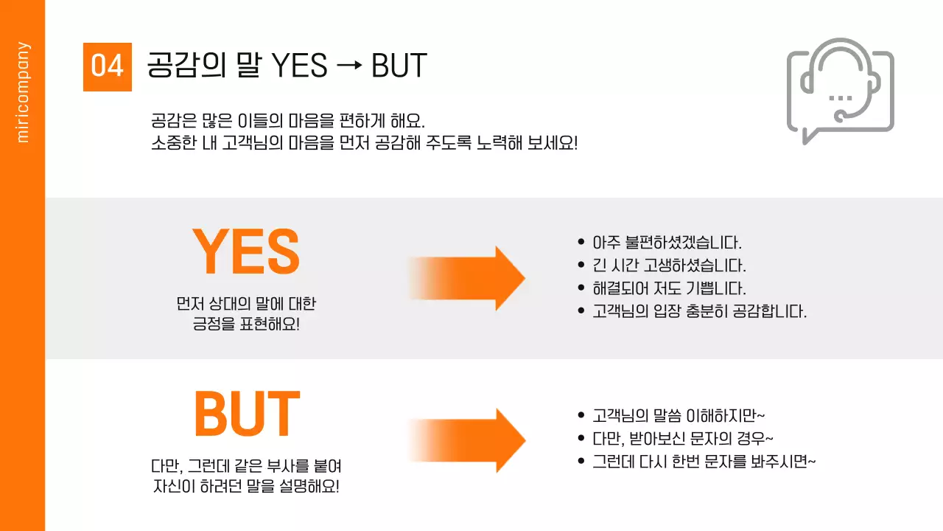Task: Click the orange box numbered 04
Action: pyautogui.click(x=107, y=66)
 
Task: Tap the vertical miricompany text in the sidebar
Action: pyautogui.click(x=23, y=91)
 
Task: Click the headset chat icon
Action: pyautogui.click(x=840, y=90)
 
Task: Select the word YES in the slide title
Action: pyautogui.click(x=300, y=66)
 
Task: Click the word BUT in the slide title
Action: pyautogui.click(x=399, y=66)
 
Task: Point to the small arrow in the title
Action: pyautogui.click(x=349, y=66)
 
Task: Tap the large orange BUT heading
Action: pyautogui.click(x=247, y=414)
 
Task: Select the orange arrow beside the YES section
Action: pyautogui.click(x=467, y=278)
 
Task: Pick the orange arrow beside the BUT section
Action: pyautogui.click(x=467, y=440)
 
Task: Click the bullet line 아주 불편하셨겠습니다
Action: pyautogui.click(x=667, y=242)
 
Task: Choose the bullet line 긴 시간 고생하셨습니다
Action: pyautogui.click(x=670, y=265)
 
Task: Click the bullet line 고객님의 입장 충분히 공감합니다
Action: pyautogui.click(x=700, y=310)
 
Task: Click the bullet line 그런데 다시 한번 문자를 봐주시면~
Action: pyautogui.click(x=704, y=462)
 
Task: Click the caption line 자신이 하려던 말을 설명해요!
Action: pyautogui.click(x=246, y=487)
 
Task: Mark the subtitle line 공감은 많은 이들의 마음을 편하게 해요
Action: pyautogui.click(x=288, y=119)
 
